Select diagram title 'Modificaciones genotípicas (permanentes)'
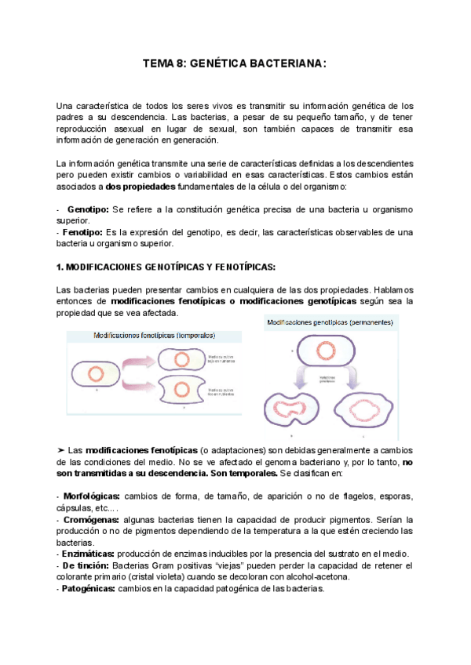332,322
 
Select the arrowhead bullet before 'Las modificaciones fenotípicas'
62,451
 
